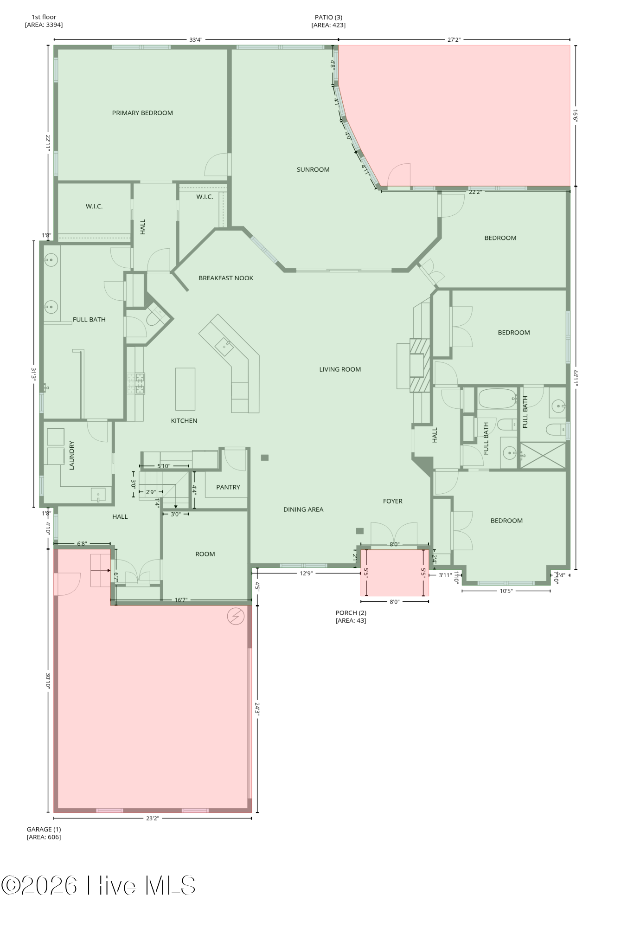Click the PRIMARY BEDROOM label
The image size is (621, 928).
(142, 113)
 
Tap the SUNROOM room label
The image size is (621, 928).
(313, 170)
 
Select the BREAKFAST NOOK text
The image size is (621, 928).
(226, 278)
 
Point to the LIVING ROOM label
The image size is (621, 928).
(340, 370)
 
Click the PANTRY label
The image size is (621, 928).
(228, 488)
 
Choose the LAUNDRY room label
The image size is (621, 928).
(72, 456)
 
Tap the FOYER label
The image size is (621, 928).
(393, 502)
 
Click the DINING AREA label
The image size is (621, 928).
(303, 510)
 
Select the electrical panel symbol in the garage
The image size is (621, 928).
(236, 616)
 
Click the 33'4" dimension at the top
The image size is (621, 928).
(196, 40)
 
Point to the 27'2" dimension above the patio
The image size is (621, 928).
(454, 40)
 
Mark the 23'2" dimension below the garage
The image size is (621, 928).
(153, 818)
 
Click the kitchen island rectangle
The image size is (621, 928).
(185, 389)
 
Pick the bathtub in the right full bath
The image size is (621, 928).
(498, 399)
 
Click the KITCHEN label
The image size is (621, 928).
(184, 421)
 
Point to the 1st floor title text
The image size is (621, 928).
(44, 17)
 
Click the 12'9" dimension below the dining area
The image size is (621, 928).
(306, 574)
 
